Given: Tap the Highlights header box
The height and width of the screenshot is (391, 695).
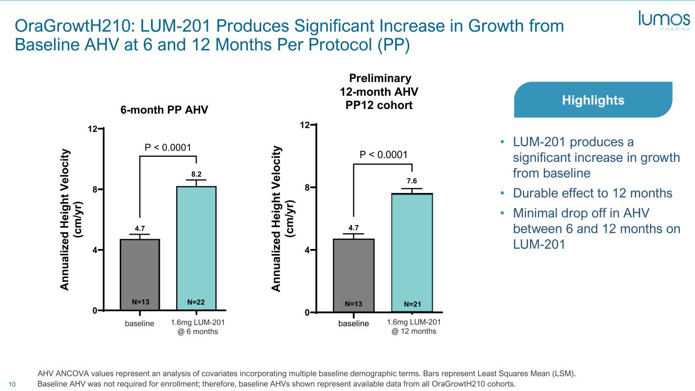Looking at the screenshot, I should (593, 100).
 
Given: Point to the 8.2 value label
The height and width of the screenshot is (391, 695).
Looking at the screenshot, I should (196, 174).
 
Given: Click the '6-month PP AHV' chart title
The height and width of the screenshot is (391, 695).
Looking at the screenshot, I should (164, 110).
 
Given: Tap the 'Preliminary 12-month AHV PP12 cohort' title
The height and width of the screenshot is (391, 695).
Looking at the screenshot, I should (380, 92).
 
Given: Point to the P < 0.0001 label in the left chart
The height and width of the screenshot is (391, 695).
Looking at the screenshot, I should (168, 148).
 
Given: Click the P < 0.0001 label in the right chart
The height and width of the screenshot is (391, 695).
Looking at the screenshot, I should (384, 154).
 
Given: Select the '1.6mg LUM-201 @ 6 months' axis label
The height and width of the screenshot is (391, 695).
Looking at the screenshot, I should (198, 327).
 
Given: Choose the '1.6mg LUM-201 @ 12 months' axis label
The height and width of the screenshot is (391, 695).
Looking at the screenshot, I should (413, 326).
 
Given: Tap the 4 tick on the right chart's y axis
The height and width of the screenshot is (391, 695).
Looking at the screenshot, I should (308, 250).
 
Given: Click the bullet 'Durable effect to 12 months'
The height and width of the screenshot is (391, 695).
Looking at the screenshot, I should (593, 193).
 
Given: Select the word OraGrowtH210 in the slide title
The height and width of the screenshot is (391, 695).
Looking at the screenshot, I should (67, 26).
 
